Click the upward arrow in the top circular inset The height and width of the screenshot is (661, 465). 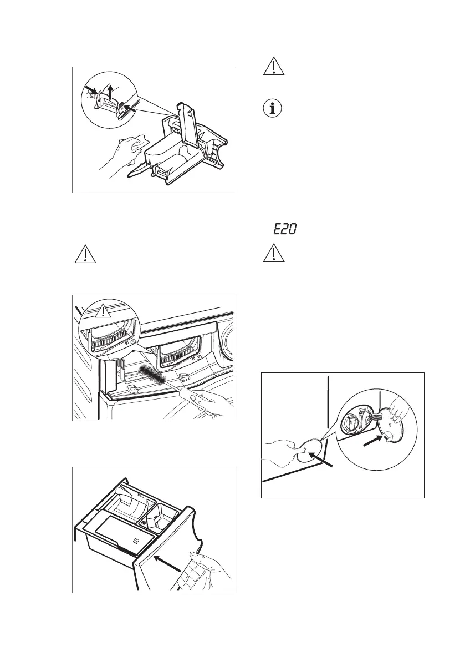111,92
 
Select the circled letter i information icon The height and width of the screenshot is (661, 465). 272,108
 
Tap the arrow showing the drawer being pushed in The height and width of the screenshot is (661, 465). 171,562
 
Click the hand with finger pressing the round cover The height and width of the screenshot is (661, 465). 283,451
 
